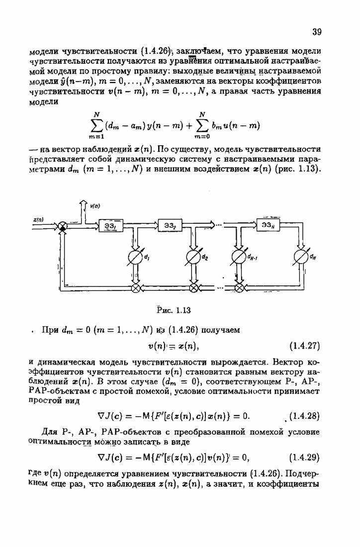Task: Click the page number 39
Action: (x=317, y=32)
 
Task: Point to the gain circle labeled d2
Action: (x=193, y=258)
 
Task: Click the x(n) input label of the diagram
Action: (x=38, y=219)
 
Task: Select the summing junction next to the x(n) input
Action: (x=63, y=226)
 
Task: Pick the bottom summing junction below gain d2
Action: (x=193, y=287)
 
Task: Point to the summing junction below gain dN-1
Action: (x=239, y=287)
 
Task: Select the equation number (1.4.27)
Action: (x=304, y=345)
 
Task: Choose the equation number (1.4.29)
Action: (x=303, y=457)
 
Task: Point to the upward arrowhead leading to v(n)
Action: (x=83, y=202)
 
